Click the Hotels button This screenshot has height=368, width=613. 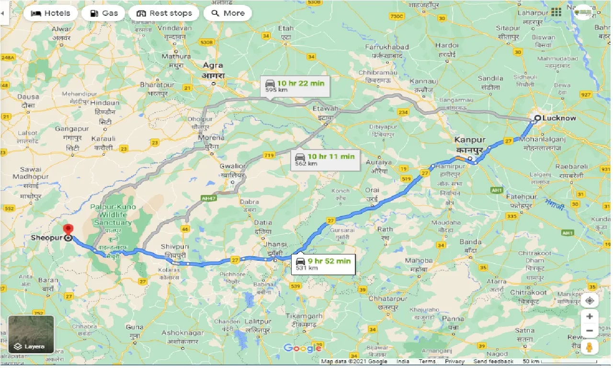click(50, 13)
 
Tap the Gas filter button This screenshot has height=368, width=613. click(103, 13)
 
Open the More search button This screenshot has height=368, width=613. click(228, 13)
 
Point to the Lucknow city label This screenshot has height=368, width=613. click(559, 118)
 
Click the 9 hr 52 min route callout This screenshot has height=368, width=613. click(323, 264)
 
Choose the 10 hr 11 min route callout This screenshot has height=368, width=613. click(326, 160)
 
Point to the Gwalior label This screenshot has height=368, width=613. click(233, 166)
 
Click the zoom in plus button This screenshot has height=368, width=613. click(590, 316)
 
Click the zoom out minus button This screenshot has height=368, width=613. click(590, 331)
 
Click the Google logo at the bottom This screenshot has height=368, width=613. click(302, 348)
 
